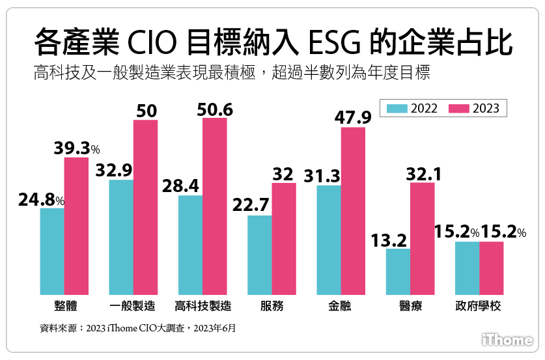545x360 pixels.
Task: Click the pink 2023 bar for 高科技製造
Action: [x=214, y=205]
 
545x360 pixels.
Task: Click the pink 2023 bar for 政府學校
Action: [x=491, y=267]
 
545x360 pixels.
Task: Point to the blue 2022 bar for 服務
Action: [x=259, y=254]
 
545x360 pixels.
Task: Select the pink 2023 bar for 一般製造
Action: [x=145, y=206]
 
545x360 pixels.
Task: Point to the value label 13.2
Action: [x=389, y=240]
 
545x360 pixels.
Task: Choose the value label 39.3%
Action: [x=76, y=148]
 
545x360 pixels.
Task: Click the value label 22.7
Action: [x=251, y=206]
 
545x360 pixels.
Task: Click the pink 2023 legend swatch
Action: [x=459, y=109]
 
